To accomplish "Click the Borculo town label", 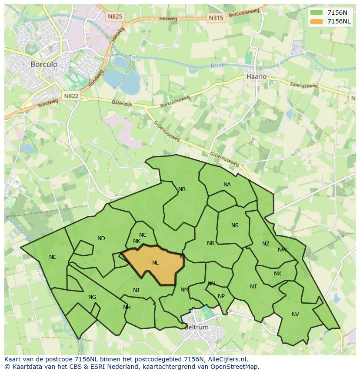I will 44,64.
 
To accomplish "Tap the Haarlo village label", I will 257,76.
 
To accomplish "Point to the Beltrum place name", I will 196,327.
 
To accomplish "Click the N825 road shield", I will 115,17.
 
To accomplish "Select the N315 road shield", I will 216,18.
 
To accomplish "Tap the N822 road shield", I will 71,96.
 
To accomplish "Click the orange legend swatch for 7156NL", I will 317,21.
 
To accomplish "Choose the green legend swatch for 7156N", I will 317,13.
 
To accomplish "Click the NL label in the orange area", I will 156,262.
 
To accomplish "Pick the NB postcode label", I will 182,189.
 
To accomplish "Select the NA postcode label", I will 227,185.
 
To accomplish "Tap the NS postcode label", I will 235,225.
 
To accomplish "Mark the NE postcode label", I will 53,257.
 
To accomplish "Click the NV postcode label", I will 295,314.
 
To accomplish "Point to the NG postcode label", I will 92,297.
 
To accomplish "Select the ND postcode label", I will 101,238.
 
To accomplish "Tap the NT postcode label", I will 253,287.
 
